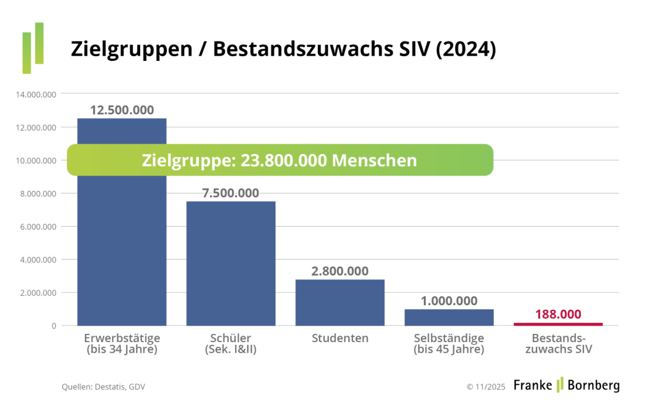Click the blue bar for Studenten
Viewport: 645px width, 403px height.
(x=340, y=302)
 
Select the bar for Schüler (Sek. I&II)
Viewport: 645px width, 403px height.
(x=230, y=263)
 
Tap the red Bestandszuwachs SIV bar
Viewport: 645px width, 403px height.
(x=558, y=324)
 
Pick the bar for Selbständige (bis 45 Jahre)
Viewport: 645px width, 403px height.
(x=449, y=317)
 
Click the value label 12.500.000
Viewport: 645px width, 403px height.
(x=122, y=110)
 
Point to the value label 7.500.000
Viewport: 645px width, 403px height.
(x=230, y=193)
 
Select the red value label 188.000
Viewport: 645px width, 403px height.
(x=558, y=314)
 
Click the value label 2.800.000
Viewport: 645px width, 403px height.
(x=340, y=271)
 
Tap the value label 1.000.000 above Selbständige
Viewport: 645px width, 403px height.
(x=449, y=301)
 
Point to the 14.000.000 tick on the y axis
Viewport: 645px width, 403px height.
(x=36, y=94)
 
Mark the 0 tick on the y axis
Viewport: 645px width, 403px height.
(x=53, y=326)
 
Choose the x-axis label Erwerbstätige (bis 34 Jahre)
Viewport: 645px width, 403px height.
(x=122, y=344)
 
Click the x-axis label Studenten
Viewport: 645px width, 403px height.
(x=340, y=339)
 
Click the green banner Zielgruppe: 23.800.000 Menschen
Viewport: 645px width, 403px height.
(x=280, y=160)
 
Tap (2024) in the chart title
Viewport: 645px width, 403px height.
(x=466, y=50)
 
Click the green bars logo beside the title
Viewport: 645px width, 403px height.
(x=33, y=48)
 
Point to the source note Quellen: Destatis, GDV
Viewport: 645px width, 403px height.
(x=103, y=387)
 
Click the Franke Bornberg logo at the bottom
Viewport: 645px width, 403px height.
(x=566, y=385)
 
